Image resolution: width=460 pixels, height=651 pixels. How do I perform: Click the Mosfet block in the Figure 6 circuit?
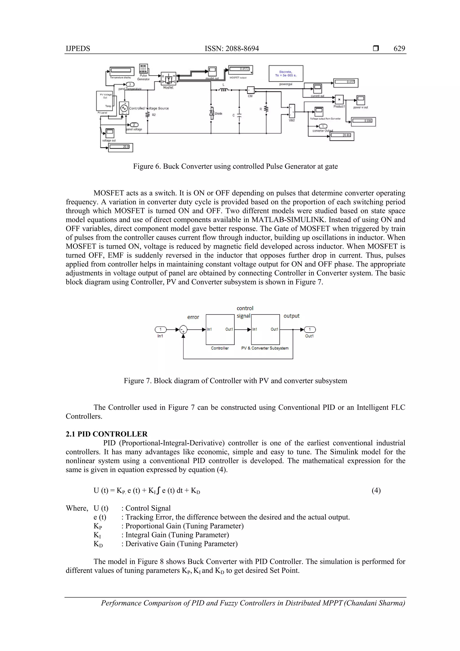[x=168, y=79]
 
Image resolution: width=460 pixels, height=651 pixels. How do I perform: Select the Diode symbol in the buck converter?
[x=211, y=113]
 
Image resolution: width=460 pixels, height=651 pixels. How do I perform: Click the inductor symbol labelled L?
[x=224, y=90]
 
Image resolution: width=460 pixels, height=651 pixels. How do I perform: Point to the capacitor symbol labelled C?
[x=239, y=116]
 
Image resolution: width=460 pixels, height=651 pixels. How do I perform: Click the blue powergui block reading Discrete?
[x=286, y=74]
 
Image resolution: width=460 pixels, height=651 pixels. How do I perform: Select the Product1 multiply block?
[x=339, y=100]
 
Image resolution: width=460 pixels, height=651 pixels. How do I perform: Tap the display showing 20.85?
[x=342, y=136]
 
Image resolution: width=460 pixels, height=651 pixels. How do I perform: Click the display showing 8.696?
[x=363, y=121]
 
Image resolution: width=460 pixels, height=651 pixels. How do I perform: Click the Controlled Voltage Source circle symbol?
[x=124, y=108]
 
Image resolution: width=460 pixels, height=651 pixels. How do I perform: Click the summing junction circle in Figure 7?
[x=183, y=329]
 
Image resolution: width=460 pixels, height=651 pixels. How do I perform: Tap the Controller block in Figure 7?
[x=220, y=329]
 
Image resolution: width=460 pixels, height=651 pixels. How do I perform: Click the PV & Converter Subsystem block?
[x=265, y=329]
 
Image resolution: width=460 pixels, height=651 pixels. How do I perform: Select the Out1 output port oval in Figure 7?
[x=310, y=329]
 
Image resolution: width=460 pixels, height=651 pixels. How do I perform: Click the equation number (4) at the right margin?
[x=376, y=491]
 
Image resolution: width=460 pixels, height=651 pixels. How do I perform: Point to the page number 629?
[x=399, y=49]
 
